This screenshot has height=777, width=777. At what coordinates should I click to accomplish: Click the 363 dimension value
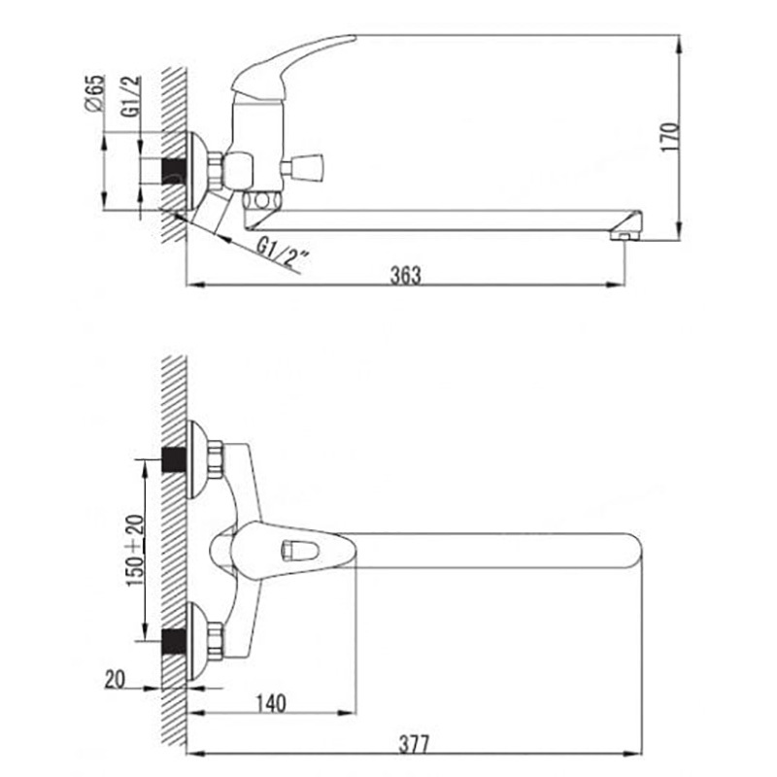(405, 276)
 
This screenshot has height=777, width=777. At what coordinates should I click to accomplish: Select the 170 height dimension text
(670, 137)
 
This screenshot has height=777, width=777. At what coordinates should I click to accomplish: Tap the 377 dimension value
(415, 744)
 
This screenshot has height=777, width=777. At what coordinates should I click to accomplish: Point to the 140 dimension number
(271, 703)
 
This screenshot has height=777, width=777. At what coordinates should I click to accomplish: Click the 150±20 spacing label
(135, 551)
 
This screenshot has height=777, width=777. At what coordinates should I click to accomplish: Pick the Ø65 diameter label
(95, 93)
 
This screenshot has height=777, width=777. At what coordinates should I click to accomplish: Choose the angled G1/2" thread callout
(283, 254)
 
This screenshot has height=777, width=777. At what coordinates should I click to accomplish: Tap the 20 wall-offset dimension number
(115, 679)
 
